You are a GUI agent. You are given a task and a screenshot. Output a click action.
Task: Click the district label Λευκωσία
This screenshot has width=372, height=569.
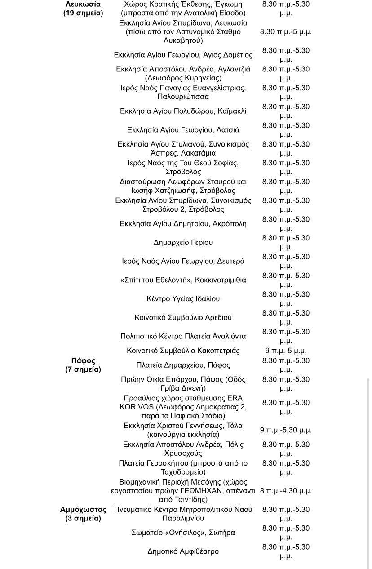(x=83, y=4)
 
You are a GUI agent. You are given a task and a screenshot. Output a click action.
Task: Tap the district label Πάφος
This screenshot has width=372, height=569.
(x=83, y=361)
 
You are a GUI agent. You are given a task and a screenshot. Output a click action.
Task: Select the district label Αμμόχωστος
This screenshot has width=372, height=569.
(x=83, y=510)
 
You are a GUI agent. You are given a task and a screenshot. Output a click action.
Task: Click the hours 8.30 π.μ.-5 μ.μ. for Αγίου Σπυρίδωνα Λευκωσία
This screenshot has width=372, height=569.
(x=286, y=32)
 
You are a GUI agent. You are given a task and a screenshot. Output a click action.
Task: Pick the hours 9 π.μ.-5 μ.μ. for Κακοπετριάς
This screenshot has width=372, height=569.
(x=286, y=351)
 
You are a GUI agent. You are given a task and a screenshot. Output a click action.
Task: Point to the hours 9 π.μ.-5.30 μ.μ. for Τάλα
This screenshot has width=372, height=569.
(x=286, y=430)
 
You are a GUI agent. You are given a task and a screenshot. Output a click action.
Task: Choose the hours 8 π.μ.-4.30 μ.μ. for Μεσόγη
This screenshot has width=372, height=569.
(x=286, y=491)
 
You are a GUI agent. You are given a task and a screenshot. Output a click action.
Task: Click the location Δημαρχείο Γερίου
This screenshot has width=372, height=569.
(x=183, y=243)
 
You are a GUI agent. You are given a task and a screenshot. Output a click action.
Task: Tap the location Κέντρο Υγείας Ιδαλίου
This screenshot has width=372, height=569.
(x=183, y=299)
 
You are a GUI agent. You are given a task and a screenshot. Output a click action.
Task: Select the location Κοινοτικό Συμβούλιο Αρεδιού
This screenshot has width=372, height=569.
(x=183, y=318)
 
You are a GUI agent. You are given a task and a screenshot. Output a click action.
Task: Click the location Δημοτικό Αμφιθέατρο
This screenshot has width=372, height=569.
(x=183, y=551)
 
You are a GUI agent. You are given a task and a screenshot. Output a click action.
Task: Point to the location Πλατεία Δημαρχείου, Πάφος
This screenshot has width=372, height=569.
(x=183, y=365)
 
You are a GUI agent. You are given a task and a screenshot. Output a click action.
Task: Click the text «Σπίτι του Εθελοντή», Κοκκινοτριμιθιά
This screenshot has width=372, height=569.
(x=183, y=280)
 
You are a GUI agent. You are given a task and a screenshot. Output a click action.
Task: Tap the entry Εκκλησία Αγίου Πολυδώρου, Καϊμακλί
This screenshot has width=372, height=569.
(x=183, y=111)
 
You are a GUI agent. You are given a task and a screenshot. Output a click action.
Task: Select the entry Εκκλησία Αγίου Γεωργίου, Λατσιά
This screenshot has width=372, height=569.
(x=183, y=130)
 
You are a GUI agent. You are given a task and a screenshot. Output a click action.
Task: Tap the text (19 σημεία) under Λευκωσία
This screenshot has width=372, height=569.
(x=83, y=13)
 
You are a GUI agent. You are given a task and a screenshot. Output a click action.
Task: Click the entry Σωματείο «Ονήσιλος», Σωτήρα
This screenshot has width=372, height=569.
(x=183, y=533)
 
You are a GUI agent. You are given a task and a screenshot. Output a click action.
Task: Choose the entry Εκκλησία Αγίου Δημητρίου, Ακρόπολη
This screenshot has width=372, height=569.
(x=183, y=224)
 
